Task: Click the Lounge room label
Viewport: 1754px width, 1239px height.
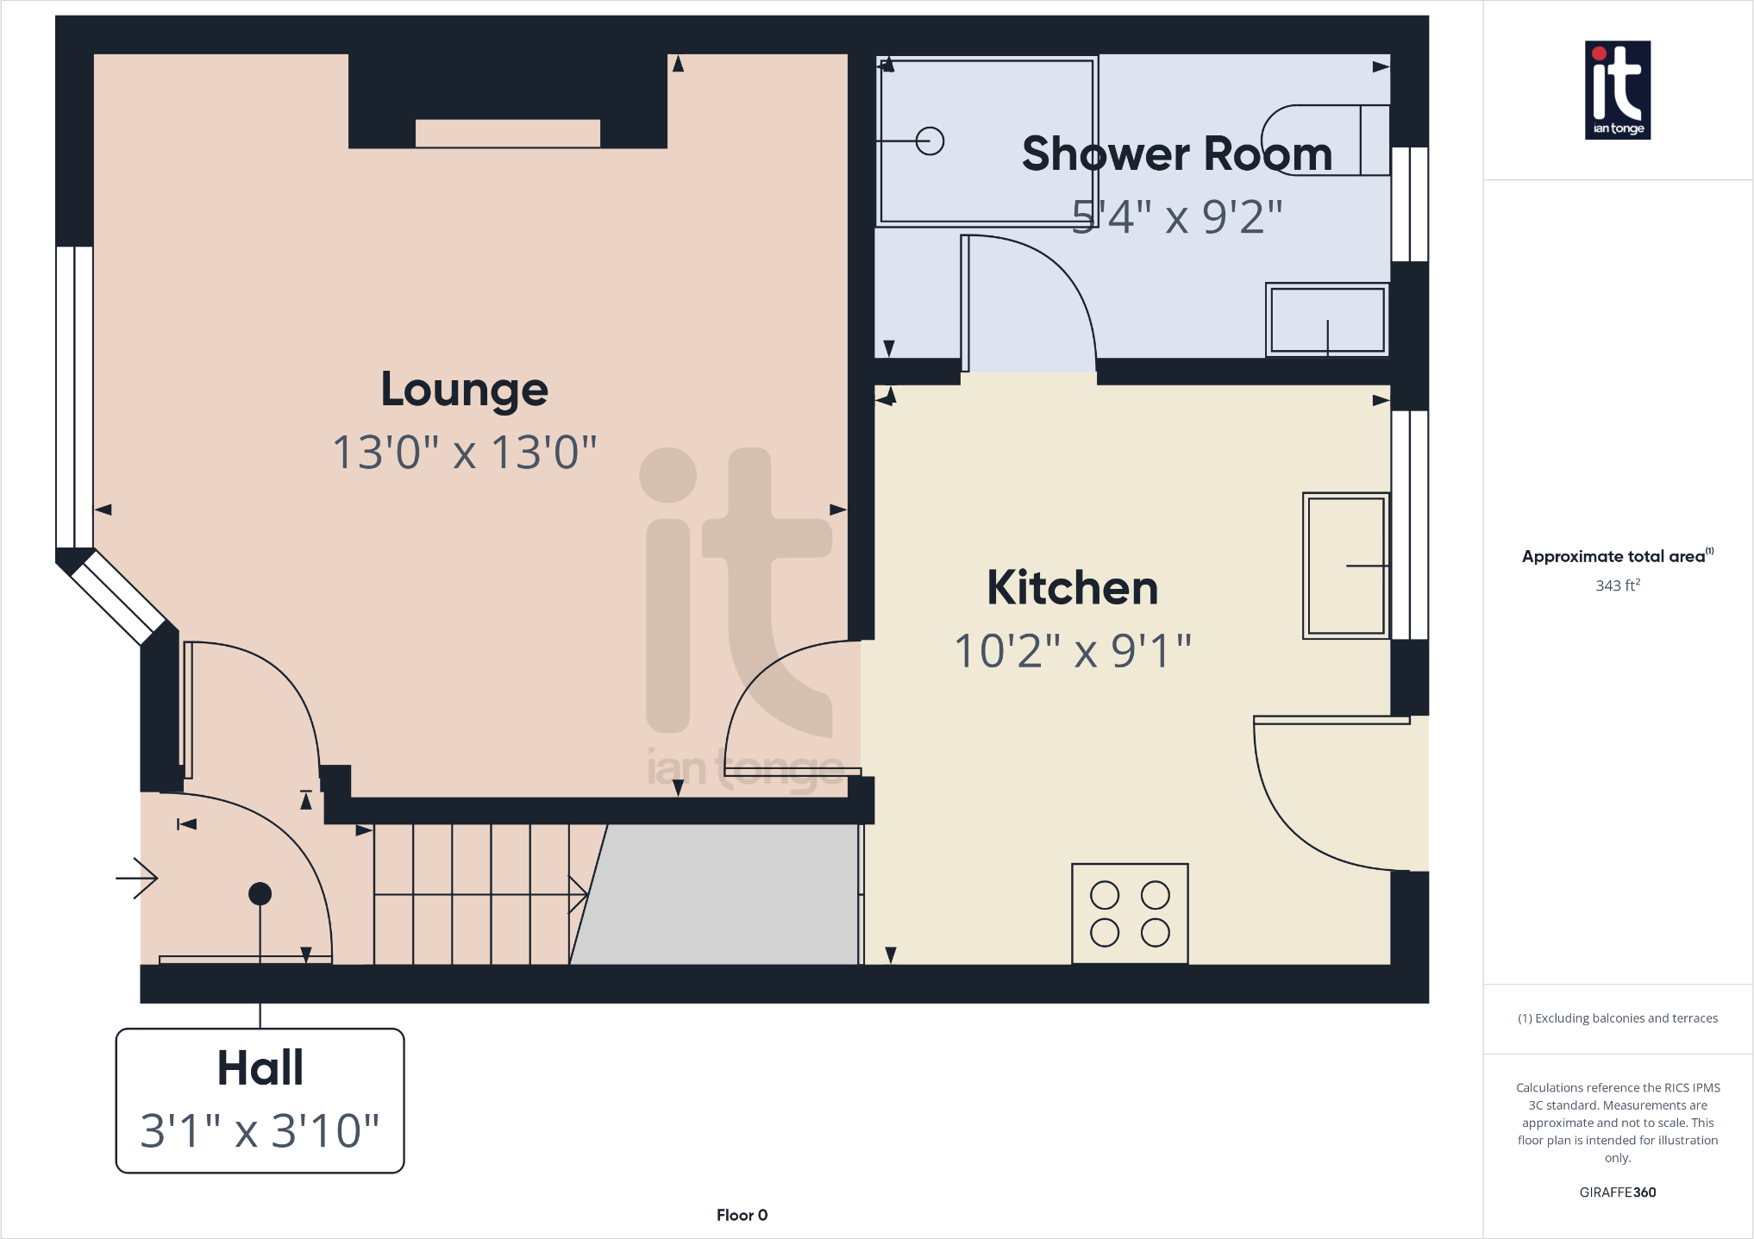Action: click(x=464, y=390)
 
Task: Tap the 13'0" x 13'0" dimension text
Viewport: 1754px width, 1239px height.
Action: click(x=464, y=453)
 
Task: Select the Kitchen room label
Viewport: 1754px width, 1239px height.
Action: click(x=1072, y=588)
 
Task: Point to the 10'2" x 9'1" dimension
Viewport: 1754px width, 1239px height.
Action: click(x=1072, y=651)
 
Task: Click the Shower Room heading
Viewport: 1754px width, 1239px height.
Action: click(x=1176, y=154)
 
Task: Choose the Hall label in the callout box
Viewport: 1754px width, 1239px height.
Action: click(x=260, y=1068)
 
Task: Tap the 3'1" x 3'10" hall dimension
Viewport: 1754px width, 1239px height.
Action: click(x=260, y=1130)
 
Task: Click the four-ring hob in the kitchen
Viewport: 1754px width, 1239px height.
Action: click(x=1130, y=914)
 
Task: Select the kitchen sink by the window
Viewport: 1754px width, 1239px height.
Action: click(x=1345, y=566)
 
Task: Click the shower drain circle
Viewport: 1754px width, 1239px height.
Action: click(x=930, y=141)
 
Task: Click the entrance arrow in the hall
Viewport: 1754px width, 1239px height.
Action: click(x=138, y=879)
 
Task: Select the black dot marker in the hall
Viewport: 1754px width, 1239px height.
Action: click(x=260, y=894)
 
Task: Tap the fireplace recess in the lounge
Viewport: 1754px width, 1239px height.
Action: click(x=507, y=134)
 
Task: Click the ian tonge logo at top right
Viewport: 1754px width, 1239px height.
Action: click(x=1618, y=90)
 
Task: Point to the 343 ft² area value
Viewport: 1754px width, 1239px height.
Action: click(x=1617, y=585)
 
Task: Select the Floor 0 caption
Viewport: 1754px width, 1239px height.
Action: click(x=742, y=1215)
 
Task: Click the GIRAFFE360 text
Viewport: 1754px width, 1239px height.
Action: click(x=1617, y=1192)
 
